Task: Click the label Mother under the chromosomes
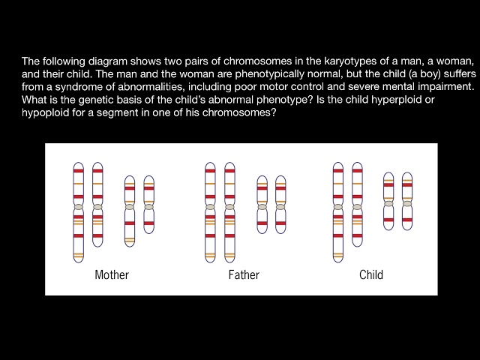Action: [x=112, y=275]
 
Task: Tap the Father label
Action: [x=244, y=275]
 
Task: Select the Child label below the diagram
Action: [x=371, y=275]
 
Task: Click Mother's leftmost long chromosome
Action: [x=79, y=211]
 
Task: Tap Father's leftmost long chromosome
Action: [x=210, y=211]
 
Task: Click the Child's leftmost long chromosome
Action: [x=338, y=211]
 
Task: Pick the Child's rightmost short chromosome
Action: [x=407, y=201]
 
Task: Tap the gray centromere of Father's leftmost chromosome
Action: [x=210, y=207]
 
